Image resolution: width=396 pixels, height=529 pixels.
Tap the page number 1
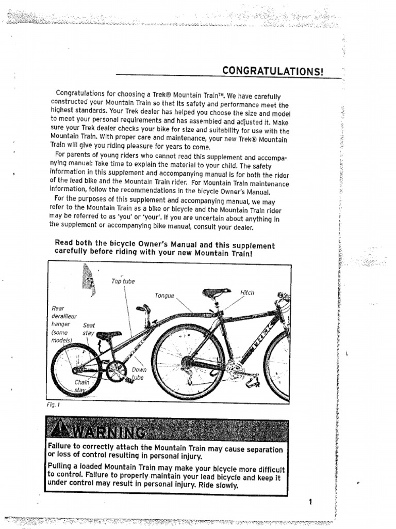coord(310,501)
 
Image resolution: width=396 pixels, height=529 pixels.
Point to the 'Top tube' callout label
coord(123,281)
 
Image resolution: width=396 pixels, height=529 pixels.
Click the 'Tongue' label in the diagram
coord(164,296)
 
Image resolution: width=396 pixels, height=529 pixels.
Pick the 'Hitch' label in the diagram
coord(247,293)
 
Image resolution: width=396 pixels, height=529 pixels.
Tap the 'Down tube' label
coord(139,374)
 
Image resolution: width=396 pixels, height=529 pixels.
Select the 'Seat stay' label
coord(89,330)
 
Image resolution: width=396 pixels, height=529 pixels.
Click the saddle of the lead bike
coord(216,293)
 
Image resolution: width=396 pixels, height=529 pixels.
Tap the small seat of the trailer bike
coord(108,335)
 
